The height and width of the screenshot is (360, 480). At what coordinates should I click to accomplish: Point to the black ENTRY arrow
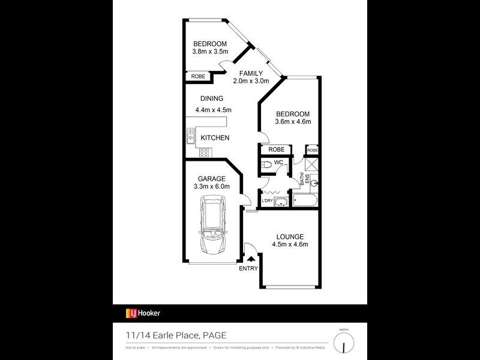pyautogui.click(x=250, y=259)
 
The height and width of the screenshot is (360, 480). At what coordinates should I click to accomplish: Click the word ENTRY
pyautogui.click(x=248, y=268)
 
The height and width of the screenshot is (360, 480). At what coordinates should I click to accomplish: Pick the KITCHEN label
pyautogui.click(x=215, y=138)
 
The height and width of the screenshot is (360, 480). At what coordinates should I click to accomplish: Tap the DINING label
pyautogui.click(x=212, y=99)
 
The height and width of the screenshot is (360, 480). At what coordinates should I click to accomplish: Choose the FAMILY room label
pyautogui.click(x=251, y=74)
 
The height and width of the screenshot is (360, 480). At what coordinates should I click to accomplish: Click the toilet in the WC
pyautogui.click(x=266, y=164)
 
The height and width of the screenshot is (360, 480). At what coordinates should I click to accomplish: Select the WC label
pyautogui.click(x=278, y=163)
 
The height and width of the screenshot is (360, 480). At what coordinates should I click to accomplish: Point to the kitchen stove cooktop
pyautogui.click(x=203, y=152)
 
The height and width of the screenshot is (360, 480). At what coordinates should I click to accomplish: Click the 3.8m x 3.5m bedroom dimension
pyautogui.click(x=209, y=52)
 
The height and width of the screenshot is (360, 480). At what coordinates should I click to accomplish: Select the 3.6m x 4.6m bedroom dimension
pyautogui.click(x=292, y=123)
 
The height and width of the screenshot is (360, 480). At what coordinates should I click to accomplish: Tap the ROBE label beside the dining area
pyautogui.click(x=197, y=76)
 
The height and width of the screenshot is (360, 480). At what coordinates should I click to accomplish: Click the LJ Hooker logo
pyautogui.click(x=143, y=313)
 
